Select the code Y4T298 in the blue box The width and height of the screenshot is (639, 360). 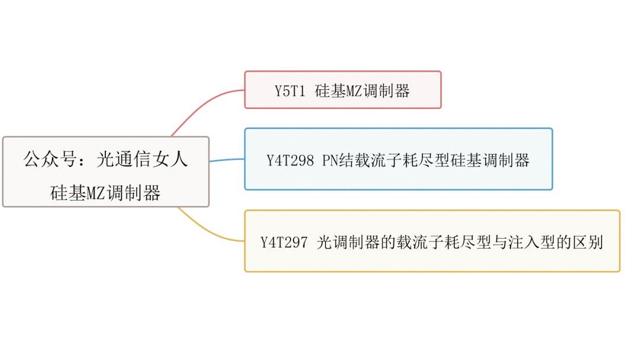pyautogui.click(x=290, y=160)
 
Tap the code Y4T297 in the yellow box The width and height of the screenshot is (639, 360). pyautogui.click(x=284, y=243)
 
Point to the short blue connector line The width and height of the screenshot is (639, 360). pyautogui.click(x=227, y=160)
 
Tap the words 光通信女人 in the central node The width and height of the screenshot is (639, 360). pyautogui.click(x=141, y=159)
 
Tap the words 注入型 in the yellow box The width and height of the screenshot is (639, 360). pyautogui.click(x=525, y=243)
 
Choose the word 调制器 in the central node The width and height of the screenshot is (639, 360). pyautogui.click(x=133, y=193)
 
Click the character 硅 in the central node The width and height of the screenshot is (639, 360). pyautogui.click(x=59, y=193)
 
